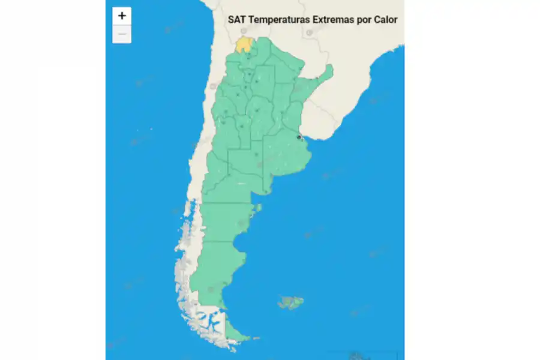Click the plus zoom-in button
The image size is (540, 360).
coord(122,16)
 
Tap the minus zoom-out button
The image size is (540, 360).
coord(122,34)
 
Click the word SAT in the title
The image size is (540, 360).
coord(236,19)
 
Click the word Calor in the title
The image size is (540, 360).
coord(385,19)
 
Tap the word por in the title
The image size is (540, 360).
coord(362,19)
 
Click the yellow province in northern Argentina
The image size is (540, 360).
coord(243,44)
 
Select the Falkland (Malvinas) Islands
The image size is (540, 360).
coord(291,302)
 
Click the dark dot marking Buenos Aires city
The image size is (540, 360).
coord(299,137)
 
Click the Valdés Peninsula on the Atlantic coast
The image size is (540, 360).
coord(258,209)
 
